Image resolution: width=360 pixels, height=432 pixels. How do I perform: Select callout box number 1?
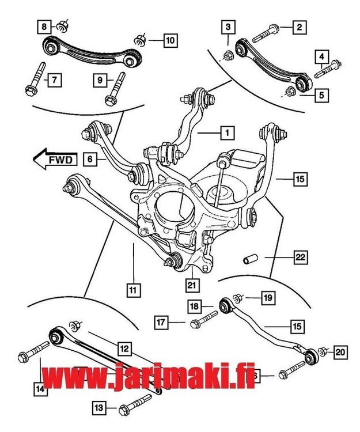point(228,133)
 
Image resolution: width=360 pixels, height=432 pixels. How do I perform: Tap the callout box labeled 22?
point(300,257)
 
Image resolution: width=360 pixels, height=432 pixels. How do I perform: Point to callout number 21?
point(191,283)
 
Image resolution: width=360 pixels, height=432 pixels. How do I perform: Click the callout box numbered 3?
point(228,26)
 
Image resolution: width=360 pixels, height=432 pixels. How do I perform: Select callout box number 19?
point(268,298)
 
